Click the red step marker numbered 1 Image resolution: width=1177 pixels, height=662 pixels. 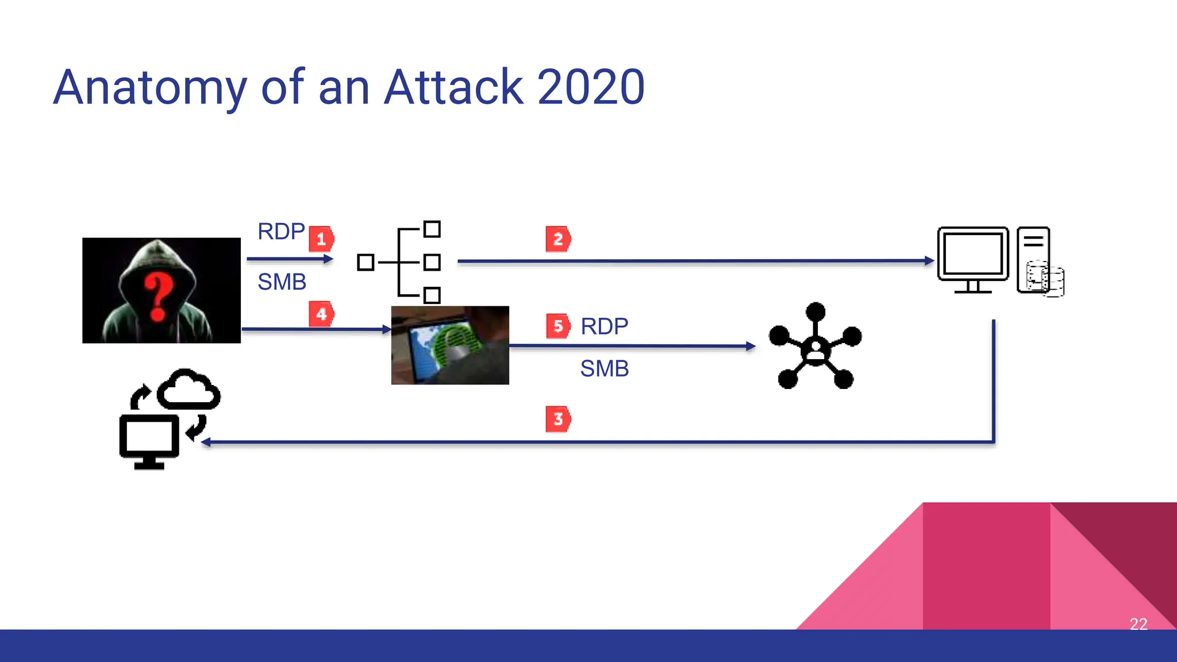pyautogui.click(x=321, y=239)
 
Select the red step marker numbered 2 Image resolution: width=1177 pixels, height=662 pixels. pyautogui.click(x=558, y=239)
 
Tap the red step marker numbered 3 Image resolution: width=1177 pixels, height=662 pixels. pyautogui.click(x=558, y=419)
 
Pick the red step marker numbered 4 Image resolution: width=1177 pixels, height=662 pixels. pyautogui.click(x=321, y=314)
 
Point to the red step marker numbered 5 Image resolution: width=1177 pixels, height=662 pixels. pyautogui.click(x=558, y=326)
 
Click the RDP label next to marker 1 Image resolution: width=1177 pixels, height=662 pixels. pyautogui.click(x=281, y=232)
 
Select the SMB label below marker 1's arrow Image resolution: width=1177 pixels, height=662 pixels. pyautogui.click(x=282, y=282)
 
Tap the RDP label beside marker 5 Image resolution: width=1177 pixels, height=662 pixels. pyautogui.click(x=605, y=326)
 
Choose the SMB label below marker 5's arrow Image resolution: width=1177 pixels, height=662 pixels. pyautogui.click(x=605, y=369)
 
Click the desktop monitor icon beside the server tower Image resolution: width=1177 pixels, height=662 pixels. pyautogui.click(x=973, y=259)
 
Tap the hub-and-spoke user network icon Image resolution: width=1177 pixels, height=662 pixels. pyautogui.click(x=815, y=347)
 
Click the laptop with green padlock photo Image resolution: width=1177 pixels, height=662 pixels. pyautogui.click(x=450, y=345)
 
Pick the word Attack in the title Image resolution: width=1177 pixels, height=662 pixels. pyautogui.click(x=454, y=87)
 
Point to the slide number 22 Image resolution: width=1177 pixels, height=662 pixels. pyautogui.click(x=1138, y=624)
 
